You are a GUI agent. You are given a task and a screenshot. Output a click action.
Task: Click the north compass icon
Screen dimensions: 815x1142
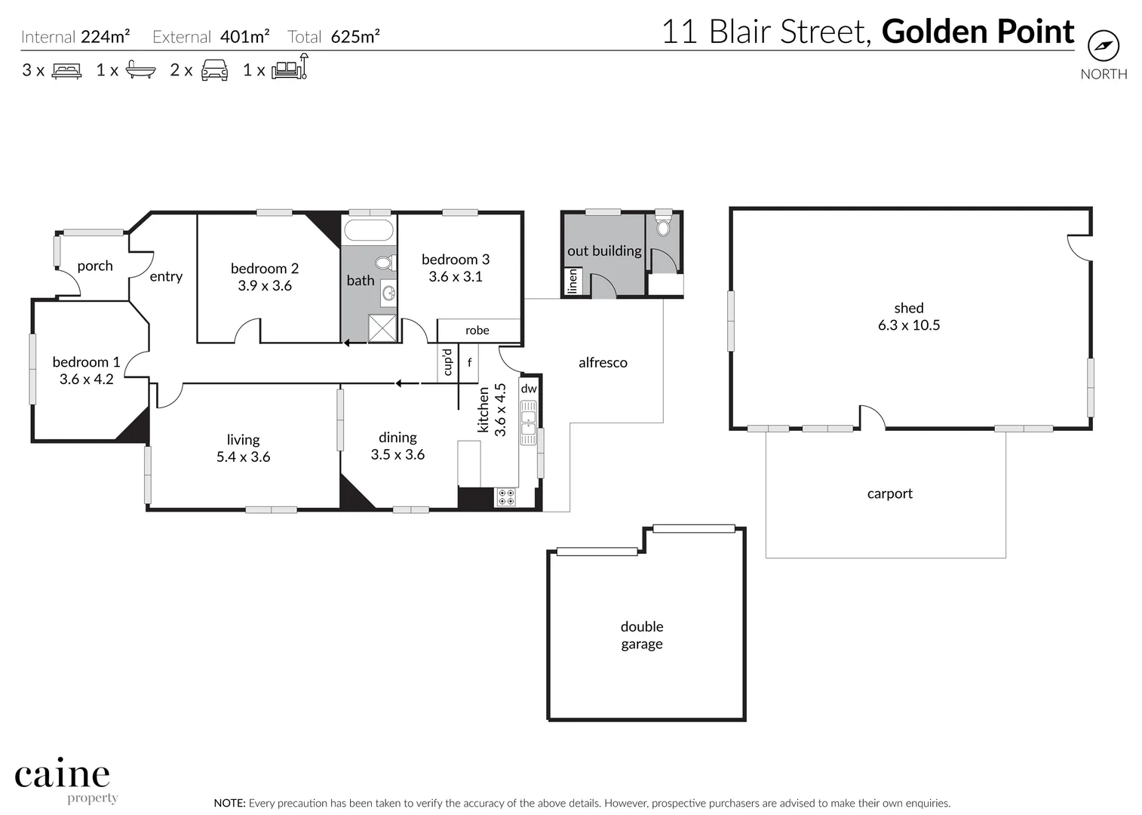coord(1104,46)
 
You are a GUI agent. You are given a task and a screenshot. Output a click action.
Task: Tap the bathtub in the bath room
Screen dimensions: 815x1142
coord(368,230)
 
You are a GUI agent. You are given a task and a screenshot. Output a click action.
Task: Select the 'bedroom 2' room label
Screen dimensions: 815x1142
coord(265,269)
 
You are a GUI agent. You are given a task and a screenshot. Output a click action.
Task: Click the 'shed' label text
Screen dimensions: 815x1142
coord(909,308)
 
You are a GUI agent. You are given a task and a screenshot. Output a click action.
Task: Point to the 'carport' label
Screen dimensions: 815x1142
coord(890,494)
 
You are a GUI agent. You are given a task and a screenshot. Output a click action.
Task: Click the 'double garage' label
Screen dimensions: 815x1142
coord(642,635)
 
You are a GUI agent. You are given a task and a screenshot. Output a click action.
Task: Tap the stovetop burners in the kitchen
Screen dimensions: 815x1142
coord(506,497)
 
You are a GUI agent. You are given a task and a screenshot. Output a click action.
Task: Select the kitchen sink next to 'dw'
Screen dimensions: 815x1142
coord(529,423)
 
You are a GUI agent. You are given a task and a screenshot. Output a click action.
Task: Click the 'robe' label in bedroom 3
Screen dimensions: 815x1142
coord(477,331)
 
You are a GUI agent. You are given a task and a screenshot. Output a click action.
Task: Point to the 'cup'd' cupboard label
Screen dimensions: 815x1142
coord(447,362)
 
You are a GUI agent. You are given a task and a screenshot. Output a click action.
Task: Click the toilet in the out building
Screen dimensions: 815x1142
coord(663,226)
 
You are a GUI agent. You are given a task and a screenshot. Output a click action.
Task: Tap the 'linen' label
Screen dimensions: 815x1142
coord(573,282)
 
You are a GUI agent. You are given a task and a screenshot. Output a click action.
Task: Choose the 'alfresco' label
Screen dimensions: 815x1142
coord(603,363)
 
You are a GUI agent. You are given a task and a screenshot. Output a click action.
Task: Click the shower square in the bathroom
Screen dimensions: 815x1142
coord(382,328)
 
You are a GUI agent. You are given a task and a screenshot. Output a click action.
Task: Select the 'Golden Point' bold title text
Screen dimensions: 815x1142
coord(978,32)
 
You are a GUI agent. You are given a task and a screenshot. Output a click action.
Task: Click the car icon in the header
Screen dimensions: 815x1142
coord(214,70)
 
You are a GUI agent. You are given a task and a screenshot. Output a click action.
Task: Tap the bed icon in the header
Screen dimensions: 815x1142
coord(66,71)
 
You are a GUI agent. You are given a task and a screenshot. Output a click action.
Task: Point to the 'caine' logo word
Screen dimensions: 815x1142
coord(63,775)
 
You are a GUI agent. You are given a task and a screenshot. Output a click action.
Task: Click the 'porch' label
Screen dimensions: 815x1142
coord(95,266)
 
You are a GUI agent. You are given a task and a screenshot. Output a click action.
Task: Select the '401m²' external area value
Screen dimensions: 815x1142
coord(245,36)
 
